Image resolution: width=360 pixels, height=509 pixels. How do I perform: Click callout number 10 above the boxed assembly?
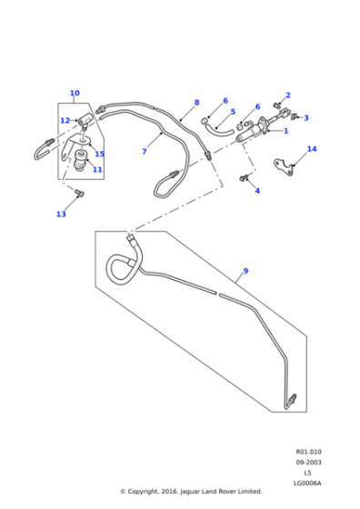pyautogui.click(x=75, y=93)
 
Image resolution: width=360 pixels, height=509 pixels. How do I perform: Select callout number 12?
pyautogui.click(x=65, y=121)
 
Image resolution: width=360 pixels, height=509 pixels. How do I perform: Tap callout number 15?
pyautogui.click(x=100, y=154)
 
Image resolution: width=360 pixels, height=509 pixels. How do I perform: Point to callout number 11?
pyautogui.click(x=97, y=170)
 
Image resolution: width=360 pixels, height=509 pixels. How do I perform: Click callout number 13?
pyautogui.click(x=61, y=215)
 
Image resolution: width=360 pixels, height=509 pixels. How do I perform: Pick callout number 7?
pyautogui.click(x=144, y=152)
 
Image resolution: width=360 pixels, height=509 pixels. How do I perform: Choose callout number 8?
pyautogui.click(x=195, y=103)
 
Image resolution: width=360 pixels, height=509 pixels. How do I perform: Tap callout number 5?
pyautogui.click(x=232, y=113)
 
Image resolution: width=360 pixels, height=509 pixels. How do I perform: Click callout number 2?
pyautogui.click(x=288, y=95)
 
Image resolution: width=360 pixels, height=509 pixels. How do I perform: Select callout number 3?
pyautogui.click(x=305, y=117)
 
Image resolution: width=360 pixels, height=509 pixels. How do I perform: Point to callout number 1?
pyautogui.click(x=285, y=131)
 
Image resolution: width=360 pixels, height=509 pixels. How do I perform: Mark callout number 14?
pyautogui.click(x=312, y=148)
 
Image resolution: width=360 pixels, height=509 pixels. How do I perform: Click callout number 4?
pyautogui.click(x=257, y=191)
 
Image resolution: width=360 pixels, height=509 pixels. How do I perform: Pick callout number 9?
pyautogui.click(x=245, y=272)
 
